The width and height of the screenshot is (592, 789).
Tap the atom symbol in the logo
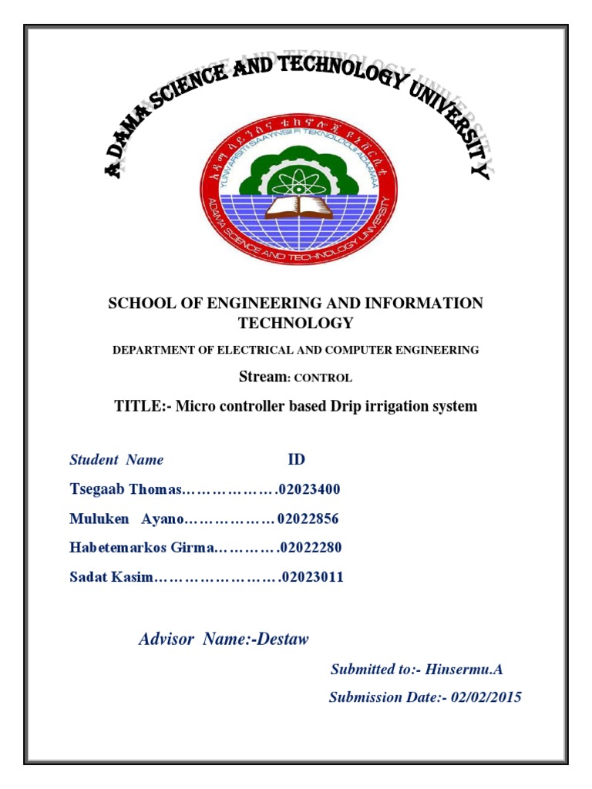[295, 180]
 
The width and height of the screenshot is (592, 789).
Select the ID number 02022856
[308, 519]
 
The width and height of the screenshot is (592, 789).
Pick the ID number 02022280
[311, 548]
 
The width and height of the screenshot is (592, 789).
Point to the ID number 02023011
[313, 577]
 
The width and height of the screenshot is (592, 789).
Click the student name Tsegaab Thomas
[125, 489]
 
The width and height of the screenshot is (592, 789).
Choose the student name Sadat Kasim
[112, 577]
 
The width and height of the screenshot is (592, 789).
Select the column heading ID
[296, 460]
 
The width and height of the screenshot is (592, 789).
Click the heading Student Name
[116, 460]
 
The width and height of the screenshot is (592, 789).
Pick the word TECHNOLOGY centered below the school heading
[296, 323]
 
